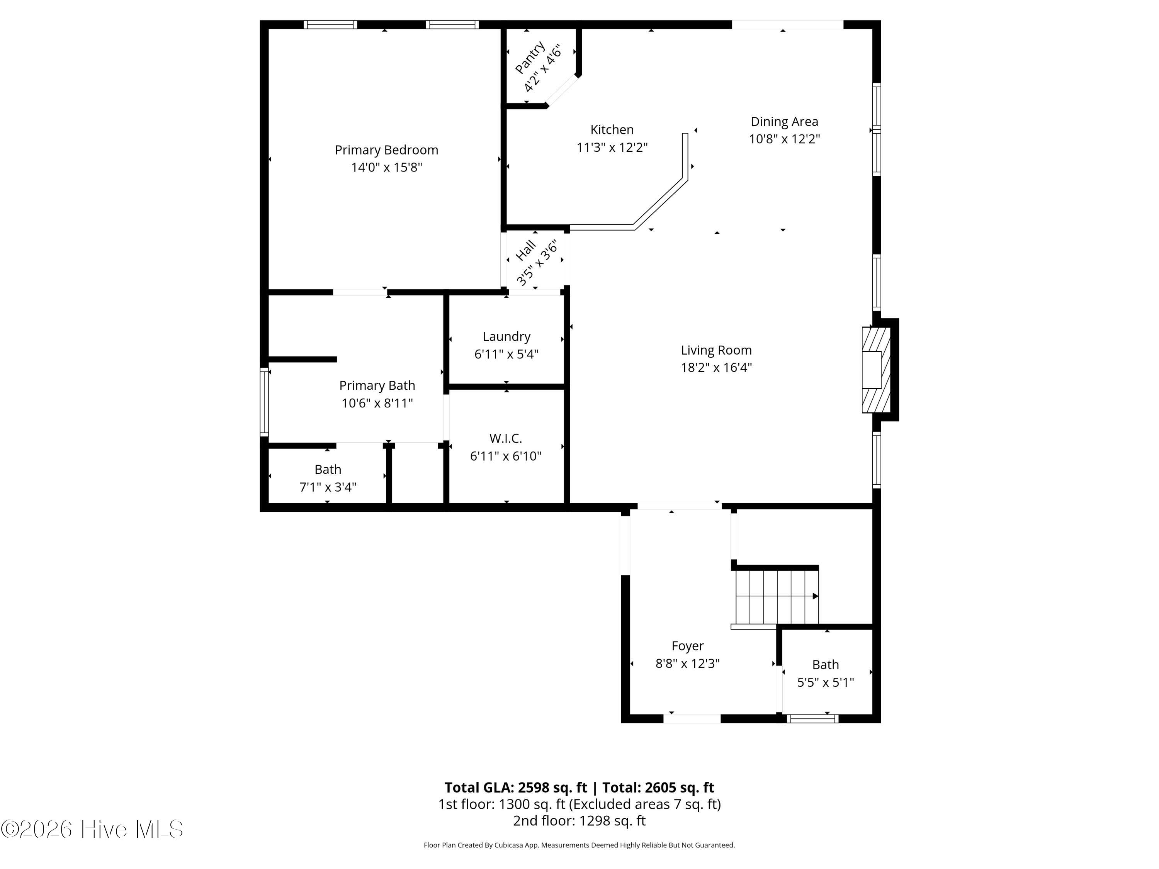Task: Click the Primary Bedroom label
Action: pyautogui.click(x=387, y=150)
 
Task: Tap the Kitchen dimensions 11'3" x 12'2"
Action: pyautogui.click(x=612, y=147)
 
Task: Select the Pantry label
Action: pyautogui.click(x=529, y=57)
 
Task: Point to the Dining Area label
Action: pyautogui.click(x=784, y=122)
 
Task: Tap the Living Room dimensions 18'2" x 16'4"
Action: pyautogui.click(x=716, y=367)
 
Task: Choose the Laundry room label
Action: pyautogui.click(x=506, y=337)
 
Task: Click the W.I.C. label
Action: pyautogui.click(x=506, y=438)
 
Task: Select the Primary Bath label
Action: pyautogui.click(x=377, y=385)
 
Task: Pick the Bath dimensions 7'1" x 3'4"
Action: pyautogui.click(x=328, y=487)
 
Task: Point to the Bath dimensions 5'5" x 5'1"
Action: pyautogui.click(x=826, y=682)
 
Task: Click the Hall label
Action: pyautogui.click(x=525, y=250)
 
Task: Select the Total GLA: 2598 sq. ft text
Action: pyautogui.click(x=516, y=787)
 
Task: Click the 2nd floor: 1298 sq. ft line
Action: pyautogui.click(x=579, y=820)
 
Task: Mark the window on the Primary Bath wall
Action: pyautogui.click(x=265, y=402)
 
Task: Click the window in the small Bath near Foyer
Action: pyautogui.click(x=812, y=719)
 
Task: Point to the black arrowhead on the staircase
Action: pyautogui.click(x=815, y=596)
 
